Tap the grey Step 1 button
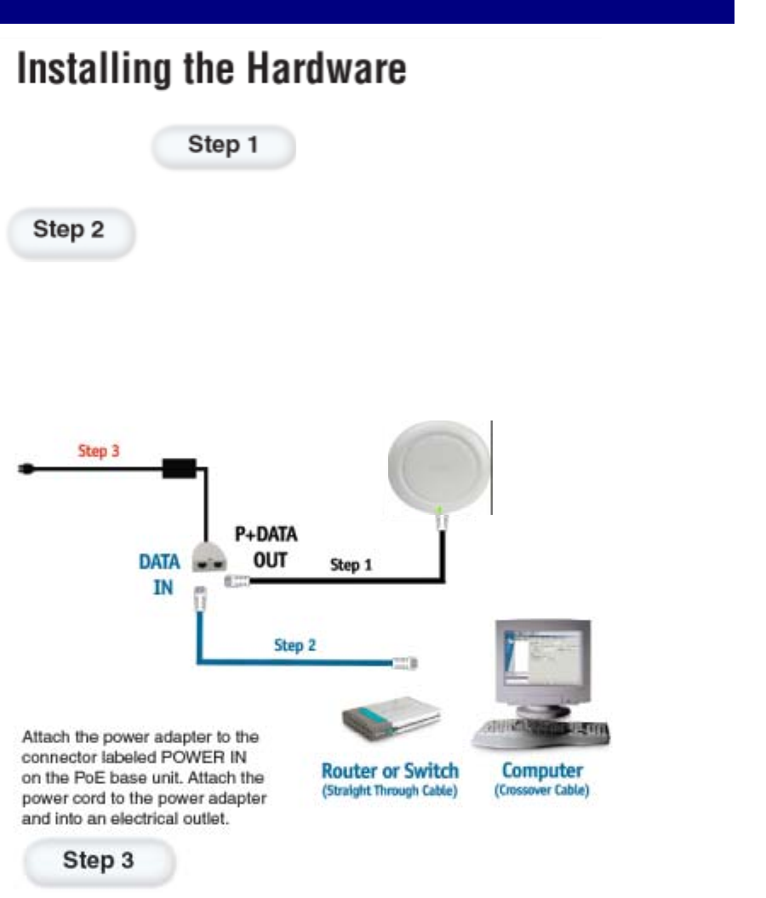click(223, 146)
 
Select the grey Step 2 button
click(70, 231)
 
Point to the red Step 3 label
click(99, 451)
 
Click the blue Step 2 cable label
click(294, 645)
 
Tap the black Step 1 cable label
click(351, 565)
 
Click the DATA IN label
click(159, 575)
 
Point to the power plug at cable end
click(26, 468)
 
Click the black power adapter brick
click(179, 466)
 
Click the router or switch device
click(392, 719)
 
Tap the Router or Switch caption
click(390, 771)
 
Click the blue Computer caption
click(543, 771)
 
